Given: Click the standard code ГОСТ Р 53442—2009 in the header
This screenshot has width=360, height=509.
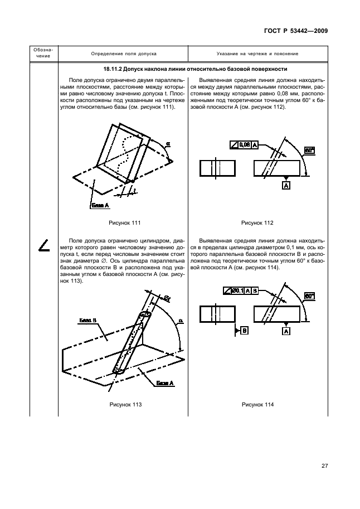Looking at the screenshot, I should (x=296, y=31).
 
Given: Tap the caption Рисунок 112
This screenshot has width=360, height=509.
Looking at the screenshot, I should (x=257, y=223).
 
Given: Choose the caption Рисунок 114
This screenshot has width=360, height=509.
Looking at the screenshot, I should (x=257, y=404).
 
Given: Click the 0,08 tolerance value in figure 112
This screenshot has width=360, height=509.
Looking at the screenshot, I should (x=244, y=144).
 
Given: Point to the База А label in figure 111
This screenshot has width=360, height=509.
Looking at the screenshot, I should (x=100, y=206).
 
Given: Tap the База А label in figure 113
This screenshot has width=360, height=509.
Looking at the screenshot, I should (x=166, y=383).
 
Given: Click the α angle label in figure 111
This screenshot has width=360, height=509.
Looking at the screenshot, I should (x=167, y=143).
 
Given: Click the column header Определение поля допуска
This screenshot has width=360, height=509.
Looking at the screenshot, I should (x=124, y=54).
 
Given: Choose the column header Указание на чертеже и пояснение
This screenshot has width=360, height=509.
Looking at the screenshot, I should (x=257, y=54).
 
